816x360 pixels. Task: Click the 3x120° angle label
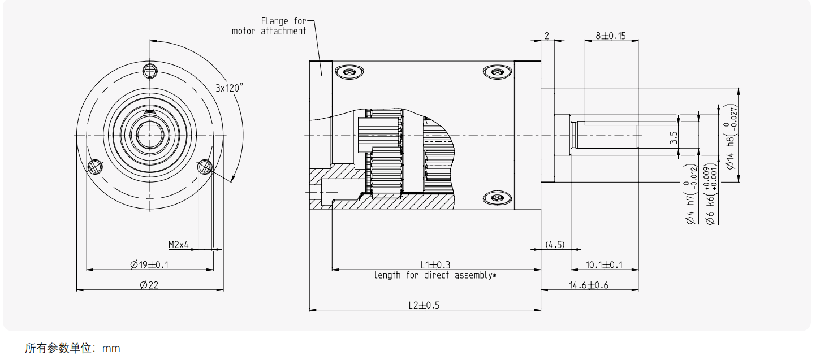point(229,88)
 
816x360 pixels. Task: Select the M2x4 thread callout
point(178,245)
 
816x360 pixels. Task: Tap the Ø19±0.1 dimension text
point(149,264)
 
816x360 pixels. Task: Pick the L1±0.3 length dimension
point(435,264)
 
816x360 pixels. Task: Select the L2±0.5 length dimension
point(424,305)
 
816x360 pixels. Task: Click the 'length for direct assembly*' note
point(435,275)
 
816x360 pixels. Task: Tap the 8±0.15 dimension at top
point(611,36)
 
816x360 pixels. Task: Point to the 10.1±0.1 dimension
point(603,264)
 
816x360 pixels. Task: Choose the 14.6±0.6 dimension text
point(589,285)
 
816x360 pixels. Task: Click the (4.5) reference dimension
point(555,245)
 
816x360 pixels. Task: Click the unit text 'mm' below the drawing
point(111,348)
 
